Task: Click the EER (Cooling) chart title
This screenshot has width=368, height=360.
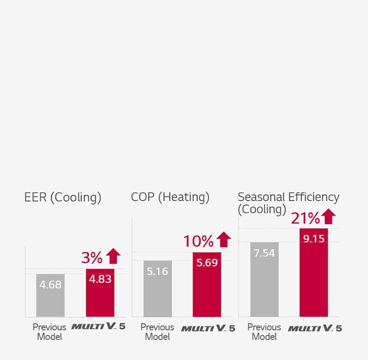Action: click(x=63, y=197)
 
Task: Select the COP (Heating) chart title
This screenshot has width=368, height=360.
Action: click(x=170, y=197)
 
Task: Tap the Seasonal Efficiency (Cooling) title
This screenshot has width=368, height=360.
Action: click(x=288, y=203)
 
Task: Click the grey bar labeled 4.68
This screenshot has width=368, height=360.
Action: click(x=50, y=295)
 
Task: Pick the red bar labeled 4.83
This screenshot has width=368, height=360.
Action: click(x=100, y=292)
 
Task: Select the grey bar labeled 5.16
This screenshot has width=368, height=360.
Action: click(x=157, y=289)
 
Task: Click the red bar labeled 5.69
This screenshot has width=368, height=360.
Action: click(x=207, y=284)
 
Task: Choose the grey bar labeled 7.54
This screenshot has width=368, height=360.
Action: click(x=264, y=279)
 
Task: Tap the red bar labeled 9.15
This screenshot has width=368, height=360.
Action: click(x=314, y=272)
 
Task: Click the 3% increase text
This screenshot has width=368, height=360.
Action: click(x=92, y=258)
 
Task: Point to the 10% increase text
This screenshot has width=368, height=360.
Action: click(x=198, y=241)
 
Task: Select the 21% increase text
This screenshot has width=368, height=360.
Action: click(x=305, y=218)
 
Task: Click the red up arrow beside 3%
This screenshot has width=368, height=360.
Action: click(x=113, y=256)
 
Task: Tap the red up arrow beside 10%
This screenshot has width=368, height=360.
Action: click(x=223, y=240)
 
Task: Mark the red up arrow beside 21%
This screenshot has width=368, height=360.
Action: click(x=328, y=217)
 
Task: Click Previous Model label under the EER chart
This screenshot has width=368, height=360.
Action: click(x=50, y=332)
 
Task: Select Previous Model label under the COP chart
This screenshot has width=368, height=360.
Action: click(x=157, y=332)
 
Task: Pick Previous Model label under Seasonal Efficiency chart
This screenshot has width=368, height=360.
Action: click(x=264, y=332)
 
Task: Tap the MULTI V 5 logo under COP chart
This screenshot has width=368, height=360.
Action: click(x=208, y=328)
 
